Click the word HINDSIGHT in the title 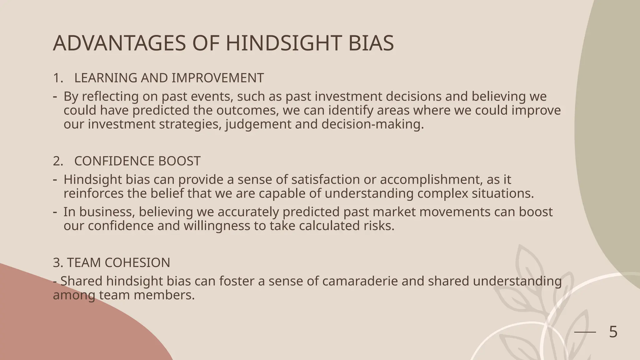[x=283, y=43]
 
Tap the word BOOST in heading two [x=179, y=161]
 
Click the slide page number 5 [x=613, y=332]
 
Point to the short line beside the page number [x=585, y=332]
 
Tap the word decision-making [x=372, y=124]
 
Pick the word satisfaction [x=325, y=180]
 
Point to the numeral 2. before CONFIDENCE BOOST [x=58, y=161]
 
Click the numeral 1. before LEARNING [x=58, y=78]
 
